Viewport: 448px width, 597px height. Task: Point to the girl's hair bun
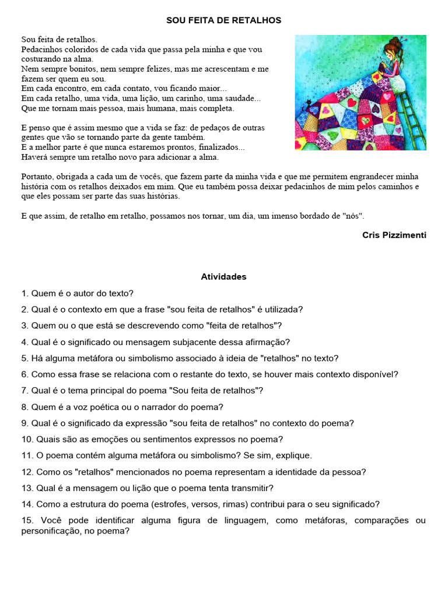pos(400,41)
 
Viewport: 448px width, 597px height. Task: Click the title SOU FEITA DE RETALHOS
pos(224,20)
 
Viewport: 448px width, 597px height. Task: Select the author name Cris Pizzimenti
pos(394,235)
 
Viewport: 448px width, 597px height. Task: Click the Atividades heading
pos(224,277)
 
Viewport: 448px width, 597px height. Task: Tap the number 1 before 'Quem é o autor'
pos(24,293)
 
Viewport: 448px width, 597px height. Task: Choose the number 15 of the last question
pos(27,520)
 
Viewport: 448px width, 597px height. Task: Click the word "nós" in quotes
pos(352,216)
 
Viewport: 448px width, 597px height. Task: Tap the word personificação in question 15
pos(51,531)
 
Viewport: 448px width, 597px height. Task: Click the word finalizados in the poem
pos(215,147)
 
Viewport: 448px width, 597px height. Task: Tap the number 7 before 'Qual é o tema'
pos(24,391)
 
